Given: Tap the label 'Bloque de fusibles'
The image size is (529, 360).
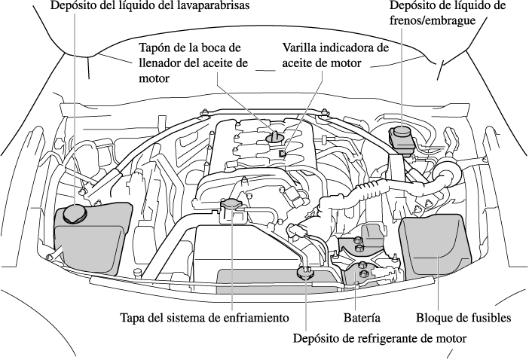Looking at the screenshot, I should pyautogui.click(x=463, y=317).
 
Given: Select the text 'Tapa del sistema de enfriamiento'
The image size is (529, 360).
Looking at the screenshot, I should pyautogui.click(x=204, y=317).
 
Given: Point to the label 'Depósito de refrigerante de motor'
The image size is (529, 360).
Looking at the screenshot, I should pyautogui.click(x=380, y=338).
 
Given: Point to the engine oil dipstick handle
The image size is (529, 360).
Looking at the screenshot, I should pyautogui.click(x=281, y=153).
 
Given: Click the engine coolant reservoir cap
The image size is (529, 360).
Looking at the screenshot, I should pyautogui.click(x=306, y=274).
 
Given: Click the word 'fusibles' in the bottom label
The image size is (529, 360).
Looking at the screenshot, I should pyautogui.click(x=490, y=317).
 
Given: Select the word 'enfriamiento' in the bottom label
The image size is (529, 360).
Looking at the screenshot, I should pyautogui.click(x=257, y=317).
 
